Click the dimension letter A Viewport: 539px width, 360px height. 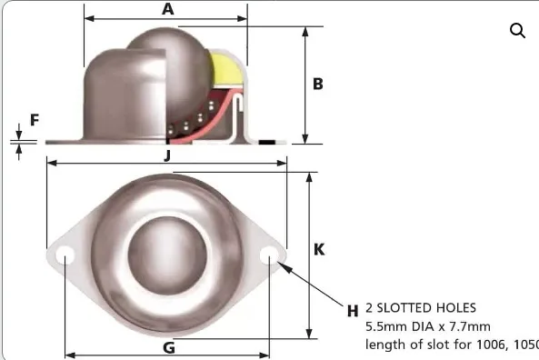point(167,9)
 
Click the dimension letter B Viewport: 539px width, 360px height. point(318,84)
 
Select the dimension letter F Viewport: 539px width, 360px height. point(35,119)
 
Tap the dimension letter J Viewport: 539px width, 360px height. point(167,155)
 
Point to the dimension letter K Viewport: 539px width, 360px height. point(319,249)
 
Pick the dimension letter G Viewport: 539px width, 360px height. point(167,346)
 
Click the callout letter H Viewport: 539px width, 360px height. point(353,310)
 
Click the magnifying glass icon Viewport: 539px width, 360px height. point(517,31)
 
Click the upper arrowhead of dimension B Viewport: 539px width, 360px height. point(306,30)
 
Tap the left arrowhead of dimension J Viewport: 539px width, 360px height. point(51,164)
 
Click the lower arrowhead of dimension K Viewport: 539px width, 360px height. point(310,332)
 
